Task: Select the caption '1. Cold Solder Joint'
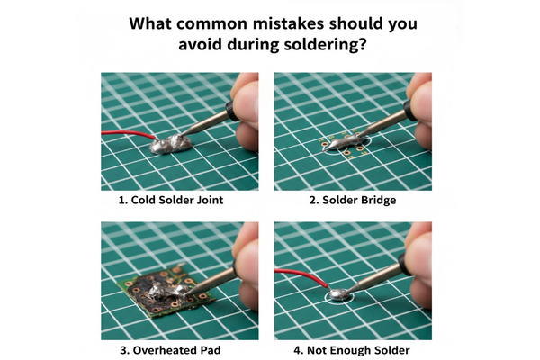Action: click(x=171, y=200)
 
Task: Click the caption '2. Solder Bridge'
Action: click(x=352, y=200)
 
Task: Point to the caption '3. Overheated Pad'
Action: click(x=170, y=350)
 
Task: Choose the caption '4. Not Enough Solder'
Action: click(x=352, y=350)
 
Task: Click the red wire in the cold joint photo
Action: click(x=128, y=134)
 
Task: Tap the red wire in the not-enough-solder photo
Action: click(x=301, y=276)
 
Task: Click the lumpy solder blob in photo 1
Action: click(x=171, y=144)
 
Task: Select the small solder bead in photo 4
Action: click(x=337, y=294)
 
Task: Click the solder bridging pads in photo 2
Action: click(x=342, y=142)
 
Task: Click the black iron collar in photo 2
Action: click(x=409, y=110)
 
